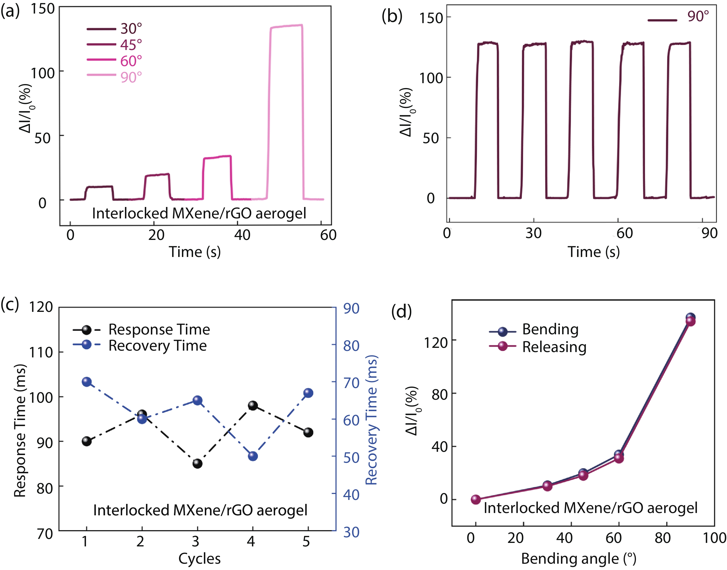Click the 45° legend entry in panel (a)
[x=131, y=45]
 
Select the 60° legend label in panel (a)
[x=131, y=61]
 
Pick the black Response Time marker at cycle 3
[x=198, y=463]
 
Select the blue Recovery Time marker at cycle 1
[x=87, y=382]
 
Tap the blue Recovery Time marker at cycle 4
[x=253, y=456]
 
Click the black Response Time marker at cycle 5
[x=308, y=432]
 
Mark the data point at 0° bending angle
[x=476, y=500]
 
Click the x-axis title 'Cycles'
[x=199, y=559]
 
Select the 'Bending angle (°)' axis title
[x=578, y=559]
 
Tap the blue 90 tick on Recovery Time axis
[x=351, y=308]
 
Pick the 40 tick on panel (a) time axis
[x=242, y=235]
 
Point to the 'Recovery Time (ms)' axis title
[x=371, y=420]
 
